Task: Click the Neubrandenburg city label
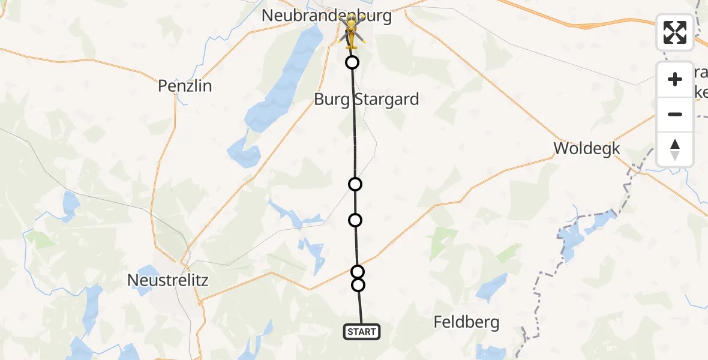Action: coord(326,16)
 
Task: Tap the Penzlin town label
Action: coord(185,86)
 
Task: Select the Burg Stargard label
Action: coord(366,99)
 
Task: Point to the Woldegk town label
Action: coord(586,148)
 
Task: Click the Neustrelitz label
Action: coord(168,280)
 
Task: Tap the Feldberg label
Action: coord(466,322)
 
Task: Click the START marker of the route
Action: coord(362,331)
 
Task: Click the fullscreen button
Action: coord(675,32)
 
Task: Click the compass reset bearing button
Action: coord(675,149)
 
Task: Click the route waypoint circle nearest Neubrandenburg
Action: coord(352,62)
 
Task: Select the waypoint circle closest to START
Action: coord(358,285)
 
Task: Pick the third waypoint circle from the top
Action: coord(355,220)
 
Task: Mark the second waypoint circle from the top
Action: coord(355,184)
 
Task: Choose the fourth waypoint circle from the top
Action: coord(358,272)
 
